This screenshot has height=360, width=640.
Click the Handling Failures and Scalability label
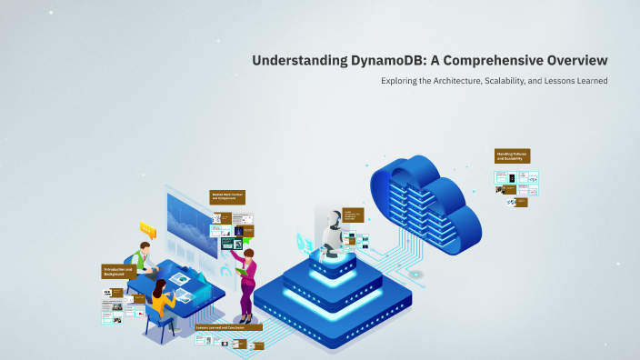pyautogui.click(x=513, y=156)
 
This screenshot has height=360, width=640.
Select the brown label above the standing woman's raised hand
pyautogui.click(x=228, y=196)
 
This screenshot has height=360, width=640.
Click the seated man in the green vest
pyautogui.click(x=142, y=259)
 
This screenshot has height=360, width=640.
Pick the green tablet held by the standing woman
pyautogui.click(x=240, y=269)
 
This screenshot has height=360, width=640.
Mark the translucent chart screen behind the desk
pyautogui.click(x=192, y=223)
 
